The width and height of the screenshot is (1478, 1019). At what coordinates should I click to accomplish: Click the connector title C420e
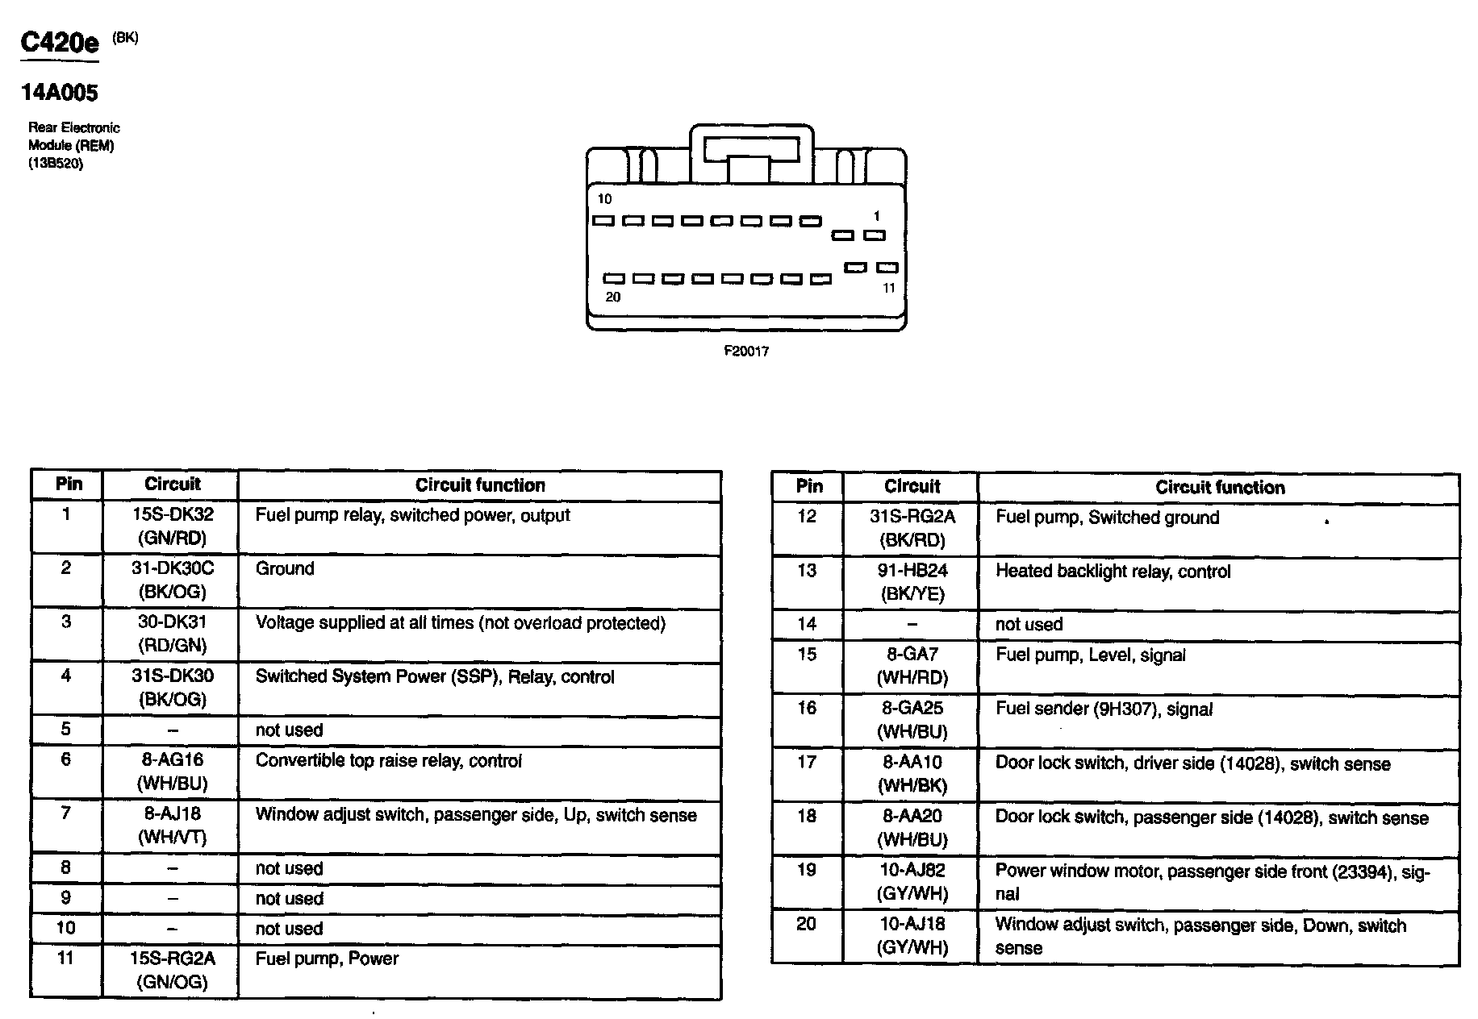click(60, 43)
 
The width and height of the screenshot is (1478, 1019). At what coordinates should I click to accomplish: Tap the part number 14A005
click(60, 93)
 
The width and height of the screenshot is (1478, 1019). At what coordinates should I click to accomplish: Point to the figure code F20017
click(745, 351)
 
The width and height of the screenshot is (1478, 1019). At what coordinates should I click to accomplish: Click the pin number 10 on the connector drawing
click(604, 199)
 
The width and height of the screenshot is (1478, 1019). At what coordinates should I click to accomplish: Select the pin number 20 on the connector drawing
click(613, 297)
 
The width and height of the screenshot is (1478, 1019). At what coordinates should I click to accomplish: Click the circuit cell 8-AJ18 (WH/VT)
click(171, 826)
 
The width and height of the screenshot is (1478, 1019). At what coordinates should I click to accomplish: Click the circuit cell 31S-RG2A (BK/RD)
click(912, 528)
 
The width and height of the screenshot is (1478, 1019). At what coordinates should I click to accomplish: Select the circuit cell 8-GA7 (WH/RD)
click(912, 666)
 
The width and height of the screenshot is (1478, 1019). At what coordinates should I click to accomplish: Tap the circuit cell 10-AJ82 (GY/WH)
click(912, 881)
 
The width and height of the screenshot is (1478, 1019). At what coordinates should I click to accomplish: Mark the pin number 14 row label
click(807, 625)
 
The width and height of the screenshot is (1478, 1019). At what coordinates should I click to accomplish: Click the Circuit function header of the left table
click(480, 485)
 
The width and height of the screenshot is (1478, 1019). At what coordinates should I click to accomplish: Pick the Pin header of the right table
click(808, 487)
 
